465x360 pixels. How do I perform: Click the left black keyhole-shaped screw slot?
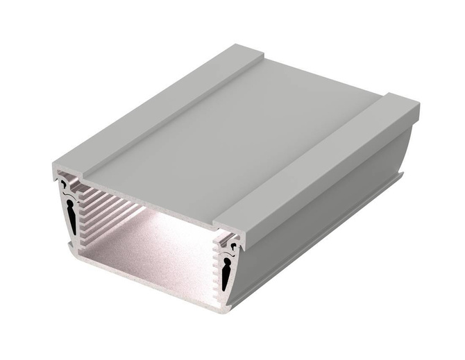click(x=71, y=214)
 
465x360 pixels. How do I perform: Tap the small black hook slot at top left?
click(x=65, y=185)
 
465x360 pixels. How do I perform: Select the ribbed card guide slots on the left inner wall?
click(x=104, y=208)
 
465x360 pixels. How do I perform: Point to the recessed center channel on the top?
click(x=229, y=132)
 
